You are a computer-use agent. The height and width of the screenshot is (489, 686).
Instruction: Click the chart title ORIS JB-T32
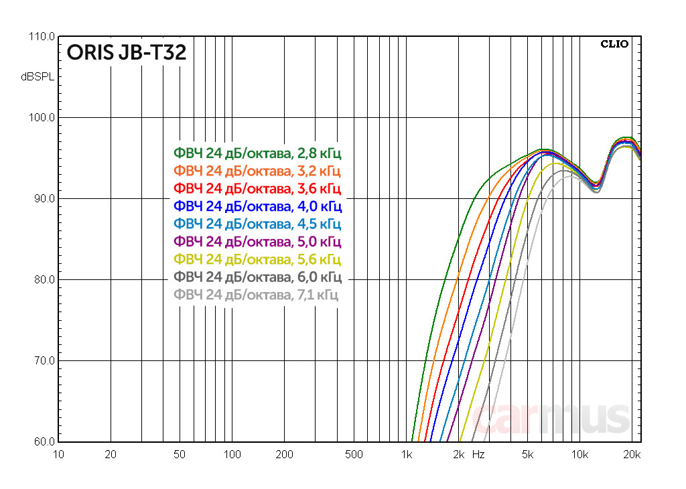126,53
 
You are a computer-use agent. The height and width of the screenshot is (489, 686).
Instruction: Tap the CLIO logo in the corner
614,44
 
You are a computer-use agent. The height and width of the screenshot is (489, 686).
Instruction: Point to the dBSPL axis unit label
38,77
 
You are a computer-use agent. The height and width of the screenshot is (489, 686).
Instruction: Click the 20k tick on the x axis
632,455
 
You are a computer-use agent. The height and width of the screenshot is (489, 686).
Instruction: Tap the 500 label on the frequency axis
354,455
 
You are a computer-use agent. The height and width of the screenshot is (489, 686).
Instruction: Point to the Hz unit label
478,455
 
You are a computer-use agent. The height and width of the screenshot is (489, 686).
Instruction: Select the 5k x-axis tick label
527,455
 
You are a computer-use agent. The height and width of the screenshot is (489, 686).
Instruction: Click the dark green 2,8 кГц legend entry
257,153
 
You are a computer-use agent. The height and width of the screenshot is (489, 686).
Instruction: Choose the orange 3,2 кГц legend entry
257,170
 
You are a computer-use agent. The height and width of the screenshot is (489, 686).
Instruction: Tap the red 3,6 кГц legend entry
257,188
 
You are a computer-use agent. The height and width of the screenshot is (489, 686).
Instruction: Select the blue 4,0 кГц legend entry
257,206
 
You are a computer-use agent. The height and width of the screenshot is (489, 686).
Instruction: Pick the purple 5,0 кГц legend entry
257,241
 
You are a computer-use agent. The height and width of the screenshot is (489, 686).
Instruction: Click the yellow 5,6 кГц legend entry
257,259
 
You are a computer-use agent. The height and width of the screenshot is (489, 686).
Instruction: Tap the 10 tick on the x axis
58,455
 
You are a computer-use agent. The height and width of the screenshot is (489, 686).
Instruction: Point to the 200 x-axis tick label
284,455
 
